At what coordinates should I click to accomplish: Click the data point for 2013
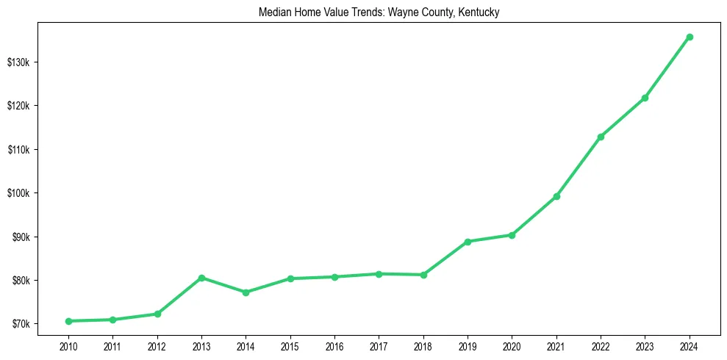tap(201, 278)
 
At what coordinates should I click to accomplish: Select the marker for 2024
tap(690, 37)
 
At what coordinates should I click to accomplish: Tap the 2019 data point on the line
tap(468, 241)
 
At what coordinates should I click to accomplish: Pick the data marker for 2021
tap(556, 196)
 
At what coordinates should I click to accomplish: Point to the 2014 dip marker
tap(246, 292)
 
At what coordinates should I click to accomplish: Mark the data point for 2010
tap(68, 321)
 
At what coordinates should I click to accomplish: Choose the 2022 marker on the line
tap(601, 137)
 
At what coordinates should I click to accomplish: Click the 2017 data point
tap(379, 274)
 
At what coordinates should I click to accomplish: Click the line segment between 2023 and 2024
tap(667, 67)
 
